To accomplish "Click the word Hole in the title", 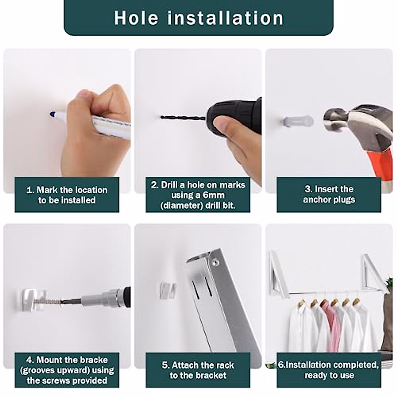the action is (x=136, y=18).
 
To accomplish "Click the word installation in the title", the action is (x=225, y=18).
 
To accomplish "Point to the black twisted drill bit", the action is (x=183, y=118).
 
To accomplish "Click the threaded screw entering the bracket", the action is (x=47, y=302).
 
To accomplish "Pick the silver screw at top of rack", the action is (x=215, y=263).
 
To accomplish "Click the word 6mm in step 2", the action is (x=214, y=195).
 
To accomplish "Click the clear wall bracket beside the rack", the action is (x=168, y=291).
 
